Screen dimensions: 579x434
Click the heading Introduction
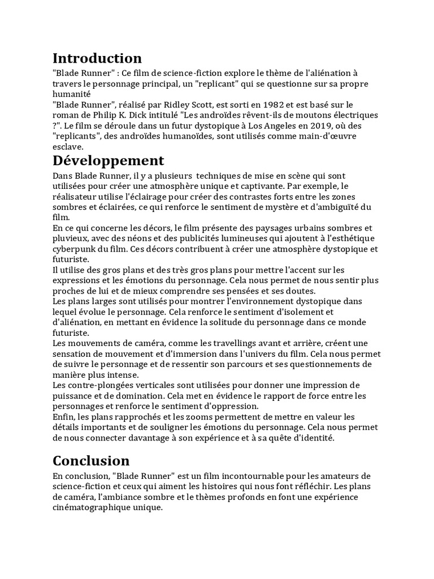97,58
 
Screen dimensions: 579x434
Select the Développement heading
108,161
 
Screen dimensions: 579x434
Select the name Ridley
198,105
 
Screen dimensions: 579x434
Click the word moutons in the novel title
305,115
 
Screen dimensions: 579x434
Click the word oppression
229,406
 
